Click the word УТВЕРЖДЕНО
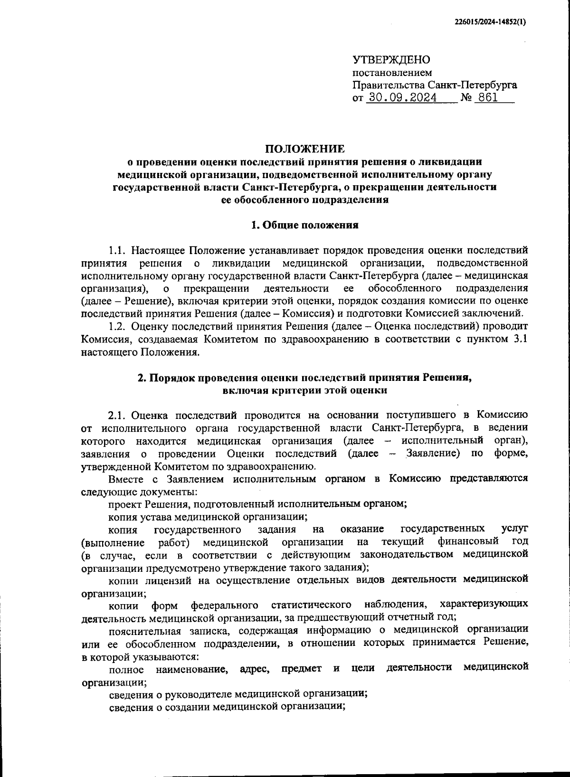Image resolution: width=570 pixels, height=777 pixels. (x=391, y=60)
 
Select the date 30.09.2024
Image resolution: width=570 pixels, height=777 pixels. (x=401, y=98)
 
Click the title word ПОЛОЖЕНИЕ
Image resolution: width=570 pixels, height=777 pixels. (x=304, y=149)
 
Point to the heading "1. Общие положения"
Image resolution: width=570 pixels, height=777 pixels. (x=304, y=225)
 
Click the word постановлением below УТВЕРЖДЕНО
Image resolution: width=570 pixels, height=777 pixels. (x=392, y=73)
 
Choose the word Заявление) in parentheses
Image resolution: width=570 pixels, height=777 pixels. (x=433, y=453)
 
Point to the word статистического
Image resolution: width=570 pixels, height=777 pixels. (x=311, y=605)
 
